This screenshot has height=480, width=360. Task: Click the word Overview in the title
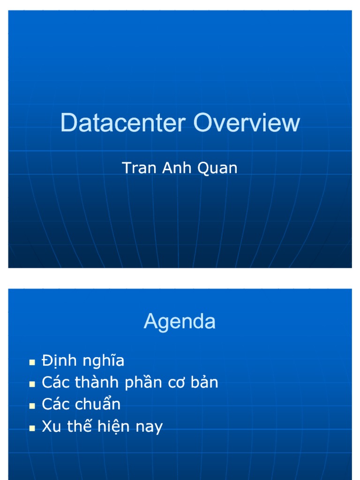tap(247, 123)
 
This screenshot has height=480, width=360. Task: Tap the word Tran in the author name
tap(139, 168)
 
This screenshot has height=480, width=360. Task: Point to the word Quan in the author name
tap(218, 168)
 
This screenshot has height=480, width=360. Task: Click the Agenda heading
tap(180, 322)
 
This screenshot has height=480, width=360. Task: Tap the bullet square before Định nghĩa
tap(32, 362)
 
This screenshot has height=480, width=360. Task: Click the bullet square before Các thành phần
tap(32, 383)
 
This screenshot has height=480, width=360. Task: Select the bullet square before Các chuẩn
tap(32, 405)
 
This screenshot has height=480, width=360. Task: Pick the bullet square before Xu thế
tap(32, 427)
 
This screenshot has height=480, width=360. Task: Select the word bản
tap(203, 383)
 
